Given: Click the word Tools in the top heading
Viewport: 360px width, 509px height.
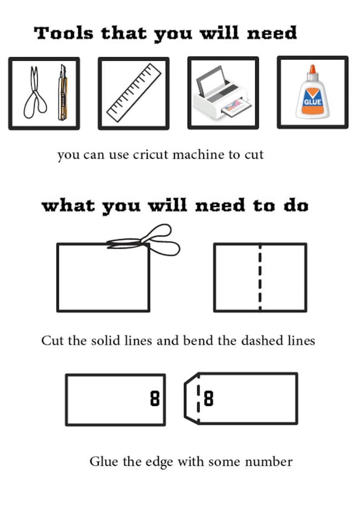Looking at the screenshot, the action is click(63, 33).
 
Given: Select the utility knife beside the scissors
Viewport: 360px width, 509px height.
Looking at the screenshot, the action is click(63, 92).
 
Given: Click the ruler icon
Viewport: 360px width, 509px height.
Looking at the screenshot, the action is click(134, 93).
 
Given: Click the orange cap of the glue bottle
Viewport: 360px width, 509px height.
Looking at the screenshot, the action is click(312, 69).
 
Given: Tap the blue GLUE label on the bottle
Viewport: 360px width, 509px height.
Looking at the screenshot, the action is click(313, 102).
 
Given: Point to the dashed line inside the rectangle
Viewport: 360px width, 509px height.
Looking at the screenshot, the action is click(260, 277).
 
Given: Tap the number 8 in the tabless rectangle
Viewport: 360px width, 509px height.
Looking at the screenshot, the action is click(155, 398).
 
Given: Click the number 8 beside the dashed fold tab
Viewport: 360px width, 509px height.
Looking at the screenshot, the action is click(209, 398).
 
